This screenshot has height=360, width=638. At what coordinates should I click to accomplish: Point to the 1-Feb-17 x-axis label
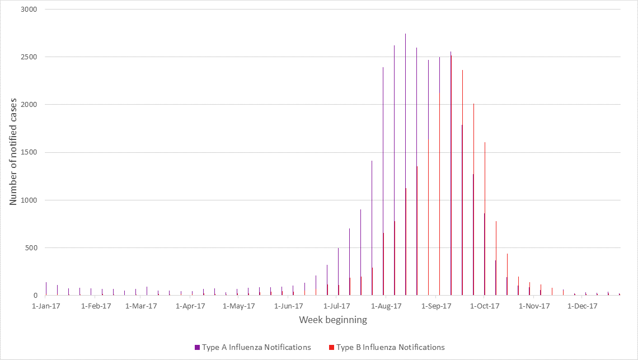[x=96, y=306]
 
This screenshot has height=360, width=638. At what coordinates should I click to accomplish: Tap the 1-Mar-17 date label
[x=142, y=306]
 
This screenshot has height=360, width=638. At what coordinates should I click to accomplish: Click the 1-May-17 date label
[x=238, y=306]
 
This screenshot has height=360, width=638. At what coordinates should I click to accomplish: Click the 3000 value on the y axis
[x=28, y=10]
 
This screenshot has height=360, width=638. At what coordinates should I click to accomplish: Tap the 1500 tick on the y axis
[x=28, y=152]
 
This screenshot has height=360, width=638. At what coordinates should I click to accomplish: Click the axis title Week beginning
[x=333, y=320]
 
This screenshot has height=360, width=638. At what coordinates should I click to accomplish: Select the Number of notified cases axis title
[x=13, y=152]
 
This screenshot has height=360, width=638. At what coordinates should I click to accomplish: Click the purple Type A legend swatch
[x=197, y=348]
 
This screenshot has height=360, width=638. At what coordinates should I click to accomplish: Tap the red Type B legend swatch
[x=331, y=348]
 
